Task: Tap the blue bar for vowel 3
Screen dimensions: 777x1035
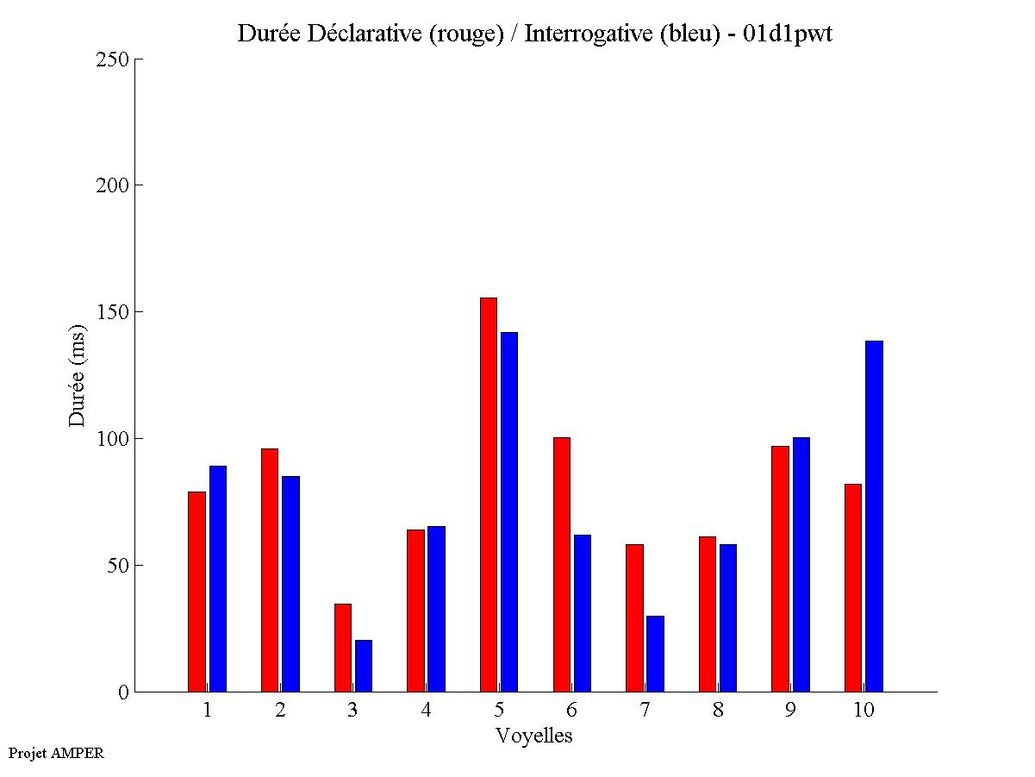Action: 364,666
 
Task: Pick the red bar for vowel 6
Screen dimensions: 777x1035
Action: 561,564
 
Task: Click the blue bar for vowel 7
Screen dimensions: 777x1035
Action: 655,654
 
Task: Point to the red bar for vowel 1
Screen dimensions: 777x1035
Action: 197,592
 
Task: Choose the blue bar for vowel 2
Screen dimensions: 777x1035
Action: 290,584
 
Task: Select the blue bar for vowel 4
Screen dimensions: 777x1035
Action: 436,609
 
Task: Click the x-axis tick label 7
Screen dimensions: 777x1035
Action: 645,711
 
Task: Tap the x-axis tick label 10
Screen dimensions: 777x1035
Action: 864,711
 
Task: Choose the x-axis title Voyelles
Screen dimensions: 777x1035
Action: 534,736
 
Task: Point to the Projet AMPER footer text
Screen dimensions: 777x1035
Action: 56,754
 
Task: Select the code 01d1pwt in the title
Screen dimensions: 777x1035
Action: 788,34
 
